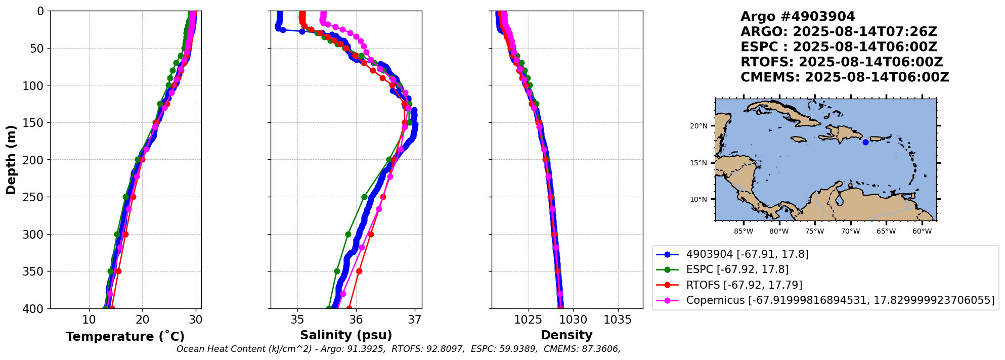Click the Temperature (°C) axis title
coord(125,337)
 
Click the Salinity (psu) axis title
coord(346,335)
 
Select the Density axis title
coord(566,335)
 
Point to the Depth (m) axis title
coord(11,159)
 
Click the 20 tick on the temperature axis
coord(143,320)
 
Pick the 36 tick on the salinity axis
coord(356,320)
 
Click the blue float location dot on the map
coord(865,142)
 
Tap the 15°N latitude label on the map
coord(698,163)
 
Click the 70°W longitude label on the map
coord(850,232)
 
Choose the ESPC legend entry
coord(737,269)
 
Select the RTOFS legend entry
coord(744,285)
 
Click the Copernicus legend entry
coord(840,300)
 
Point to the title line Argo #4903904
coord(798,17)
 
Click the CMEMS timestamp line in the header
coord(845,77)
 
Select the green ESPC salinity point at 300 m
coord(348,234)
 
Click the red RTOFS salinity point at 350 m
coord(359,272)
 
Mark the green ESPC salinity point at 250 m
coord(364,197)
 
